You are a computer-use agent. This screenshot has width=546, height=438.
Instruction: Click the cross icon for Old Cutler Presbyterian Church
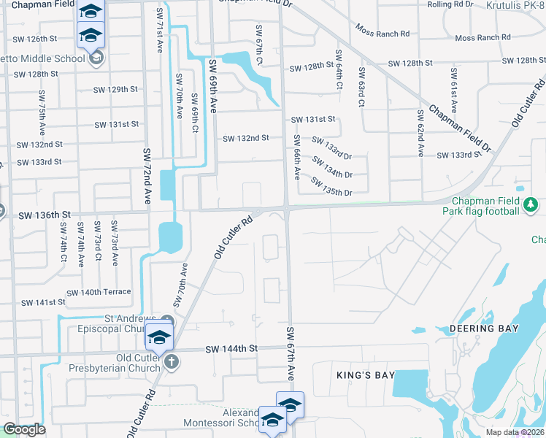[x=171, y=362]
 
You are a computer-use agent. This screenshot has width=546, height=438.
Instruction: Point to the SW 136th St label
[x=44, y=215]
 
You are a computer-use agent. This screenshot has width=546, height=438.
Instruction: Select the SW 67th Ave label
[x=290, y=354]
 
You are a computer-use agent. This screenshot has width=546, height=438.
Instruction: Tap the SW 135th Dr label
[x=331, y=187]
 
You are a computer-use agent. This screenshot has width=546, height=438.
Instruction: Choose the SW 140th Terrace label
[x=99, y=292]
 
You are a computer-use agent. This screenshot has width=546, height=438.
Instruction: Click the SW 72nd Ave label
[x=147, y=175]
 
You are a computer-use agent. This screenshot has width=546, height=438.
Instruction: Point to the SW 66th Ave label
[x=297, y=157]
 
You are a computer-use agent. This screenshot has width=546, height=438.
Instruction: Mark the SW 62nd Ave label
[x=421, y=134]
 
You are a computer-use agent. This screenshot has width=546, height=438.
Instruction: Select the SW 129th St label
[x=116, y=89]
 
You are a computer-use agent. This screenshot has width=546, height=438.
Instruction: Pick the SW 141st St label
[x=38, y=302]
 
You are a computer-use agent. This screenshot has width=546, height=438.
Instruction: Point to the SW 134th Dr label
[x=333, y=169]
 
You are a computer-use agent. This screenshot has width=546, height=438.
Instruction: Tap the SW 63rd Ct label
[x=361, y=88]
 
